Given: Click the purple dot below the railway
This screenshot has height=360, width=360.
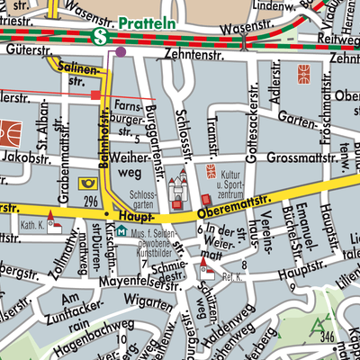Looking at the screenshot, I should click(121, 52).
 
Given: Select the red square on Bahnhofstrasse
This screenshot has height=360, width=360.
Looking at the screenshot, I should click(95, 94).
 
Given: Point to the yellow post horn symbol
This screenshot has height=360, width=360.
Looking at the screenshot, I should click(88, 184).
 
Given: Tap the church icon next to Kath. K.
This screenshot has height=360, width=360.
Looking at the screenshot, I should click(52, 219).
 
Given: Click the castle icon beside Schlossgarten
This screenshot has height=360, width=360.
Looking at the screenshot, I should click(177, 187).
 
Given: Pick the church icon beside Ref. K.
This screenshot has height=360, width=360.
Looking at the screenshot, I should click(205, 264).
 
